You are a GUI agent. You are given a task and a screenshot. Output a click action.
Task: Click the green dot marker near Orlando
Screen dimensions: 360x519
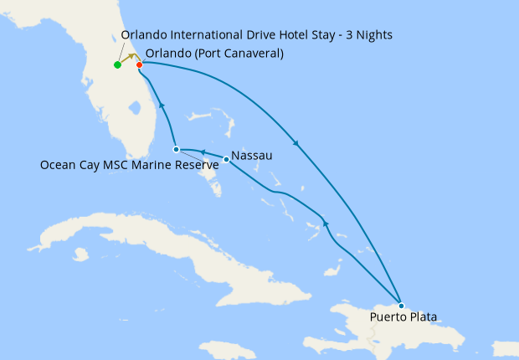tap(117, 64)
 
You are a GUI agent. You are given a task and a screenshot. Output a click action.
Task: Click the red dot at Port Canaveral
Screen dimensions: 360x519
tap(139, 64)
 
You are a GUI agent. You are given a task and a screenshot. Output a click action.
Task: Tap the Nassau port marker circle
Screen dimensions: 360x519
tap(226, 159)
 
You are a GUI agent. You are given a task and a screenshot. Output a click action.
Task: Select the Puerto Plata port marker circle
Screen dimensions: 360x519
tap(402, 305)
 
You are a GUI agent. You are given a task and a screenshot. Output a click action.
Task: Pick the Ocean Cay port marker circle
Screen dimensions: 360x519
tap(176, 149)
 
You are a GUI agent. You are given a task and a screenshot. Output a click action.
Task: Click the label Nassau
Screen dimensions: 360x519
tap(251, 156)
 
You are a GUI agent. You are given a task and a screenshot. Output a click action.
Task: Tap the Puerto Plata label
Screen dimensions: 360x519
tap(403, 317)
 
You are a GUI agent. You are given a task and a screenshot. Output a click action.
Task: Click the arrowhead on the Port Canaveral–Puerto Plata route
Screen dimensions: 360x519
tap(295, 141)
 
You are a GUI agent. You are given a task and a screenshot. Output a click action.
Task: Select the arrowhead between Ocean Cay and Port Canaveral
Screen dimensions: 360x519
tap(160, 105)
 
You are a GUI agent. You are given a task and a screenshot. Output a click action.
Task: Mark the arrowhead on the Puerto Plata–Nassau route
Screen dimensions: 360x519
tap(326, 224)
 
